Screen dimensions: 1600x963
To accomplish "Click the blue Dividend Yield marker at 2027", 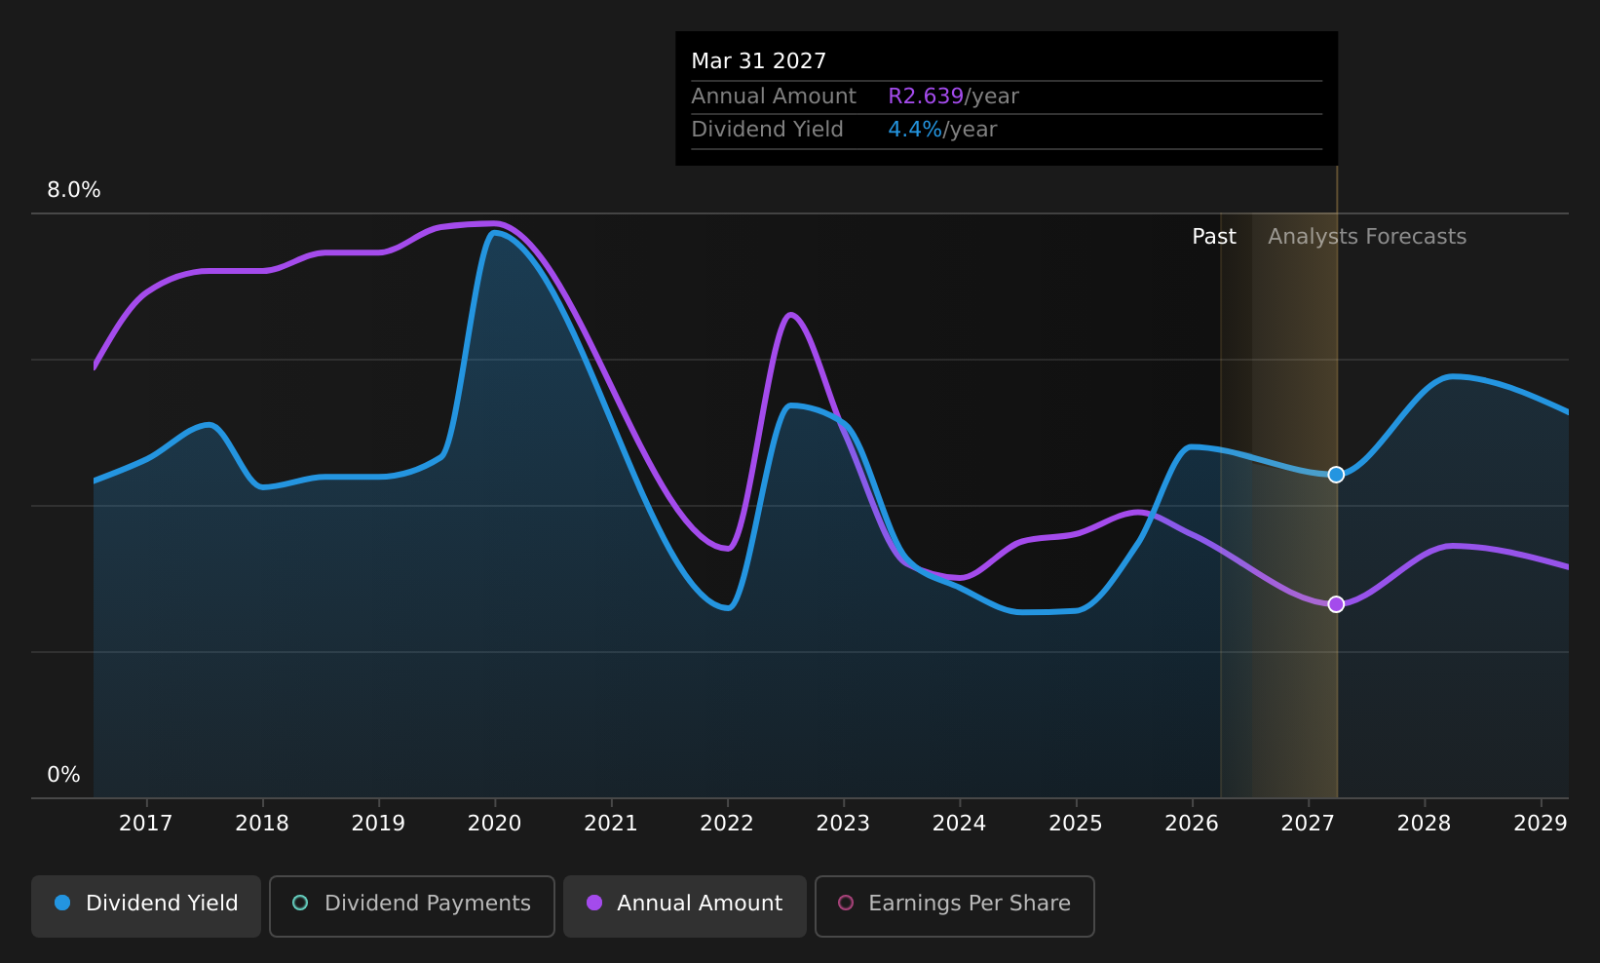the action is coord(1336,475).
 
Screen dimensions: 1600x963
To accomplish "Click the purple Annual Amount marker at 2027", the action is coord(1336,604).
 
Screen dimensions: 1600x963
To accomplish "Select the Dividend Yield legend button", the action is coord(146,905).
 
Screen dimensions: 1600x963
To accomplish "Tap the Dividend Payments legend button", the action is coord(412,905).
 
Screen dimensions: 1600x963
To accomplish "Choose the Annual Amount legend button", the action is coord(685,905).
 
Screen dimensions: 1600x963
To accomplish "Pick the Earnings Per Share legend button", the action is coord(954,905).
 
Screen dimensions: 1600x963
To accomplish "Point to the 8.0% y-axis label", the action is coord(74,190).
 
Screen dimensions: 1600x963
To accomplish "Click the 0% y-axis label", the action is coord(63,775).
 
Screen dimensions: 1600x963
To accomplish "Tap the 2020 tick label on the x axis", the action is coord(494,824).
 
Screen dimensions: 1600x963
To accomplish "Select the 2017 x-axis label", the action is coord(146,824).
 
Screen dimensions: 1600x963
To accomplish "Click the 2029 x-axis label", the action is coord(1541,824).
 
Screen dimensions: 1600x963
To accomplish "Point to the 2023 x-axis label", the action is coord(843,824).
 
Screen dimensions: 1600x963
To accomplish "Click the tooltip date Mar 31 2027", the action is coord(758,61).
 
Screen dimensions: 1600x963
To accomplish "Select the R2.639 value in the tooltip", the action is coord(926,96).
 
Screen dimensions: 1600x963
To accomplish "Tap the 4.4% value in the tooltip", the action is coord(915,130).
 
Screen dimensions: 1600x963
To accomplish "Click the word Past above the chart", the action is coord(1214,237).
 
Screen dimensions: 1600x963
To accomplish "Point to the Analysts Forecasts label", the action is coord(1367,237).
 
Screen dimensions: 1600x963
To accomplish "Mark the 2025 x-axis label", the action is coord(1076,824).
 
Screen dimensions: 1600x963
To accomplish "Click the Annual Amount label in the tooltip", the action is coord(774,96).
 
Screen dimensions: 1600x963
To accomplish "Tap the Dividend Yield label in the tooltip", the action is coord(767,130).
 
